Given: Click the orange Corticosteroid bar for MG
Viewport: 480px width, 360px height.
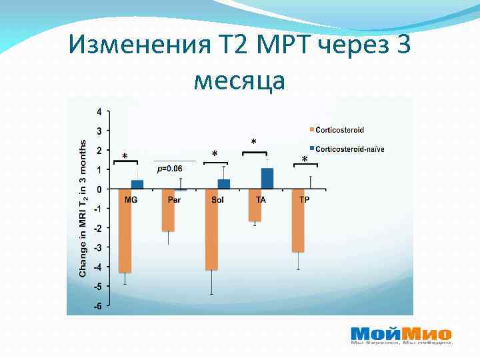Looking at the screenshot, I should tap(125, 231).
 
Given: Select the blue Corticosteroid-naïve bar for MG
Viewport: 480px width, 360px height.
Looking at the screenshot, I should tap(137, 185).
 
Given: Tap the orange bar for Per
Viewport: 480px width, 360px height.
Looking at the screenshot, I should tap(168, 211).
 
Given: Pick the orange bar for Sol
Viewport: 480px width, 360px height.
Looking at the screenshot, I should tap(211, 229).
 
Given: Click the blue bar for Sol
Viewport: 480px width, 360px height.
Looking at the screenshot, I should tap(224, 184).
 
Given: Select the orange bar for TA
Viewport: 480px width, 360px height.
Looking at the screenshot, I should tap(255, 205).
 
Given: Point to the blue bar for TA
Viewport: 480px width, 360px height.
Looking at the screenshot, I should tap(267, 179).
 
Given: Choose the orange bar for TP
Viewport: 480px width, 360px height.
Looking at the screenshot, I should tap(298, 221).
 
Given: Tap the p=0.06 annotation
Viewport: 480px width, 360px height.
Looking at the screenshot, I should tap(169, 169).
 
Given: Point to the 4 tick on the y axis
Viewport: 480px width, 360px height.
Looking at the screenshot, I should tap(99, 111).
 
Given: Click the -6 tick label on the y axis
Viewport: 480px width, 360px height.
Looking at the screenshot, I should tap(98, 307).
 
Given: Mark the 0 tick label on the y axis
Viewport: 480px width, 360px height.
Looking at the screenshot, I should tap(99, 189).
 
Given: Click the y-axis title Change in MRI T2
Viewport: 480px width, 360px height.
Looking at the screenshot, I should tap(83, 208).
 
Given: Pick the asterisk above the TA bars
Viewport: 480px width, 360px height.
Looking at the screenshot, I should tap(253, 143).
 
